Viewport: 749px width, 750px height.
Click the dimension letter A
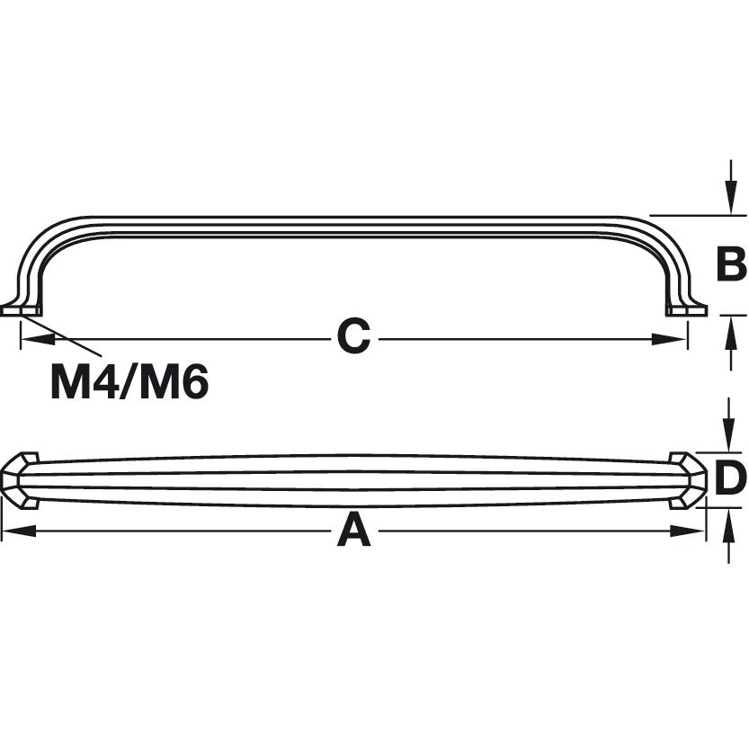click(353, 532)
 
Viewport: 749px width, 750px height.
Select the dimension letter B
click(730, 265)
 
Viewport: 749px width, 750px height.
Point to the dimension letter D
click(730, 478)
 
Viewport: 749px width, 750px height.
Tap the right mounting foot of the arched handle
click(687, 308)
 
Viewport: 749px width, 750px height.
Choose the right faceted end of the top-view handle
click(688, 480)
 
